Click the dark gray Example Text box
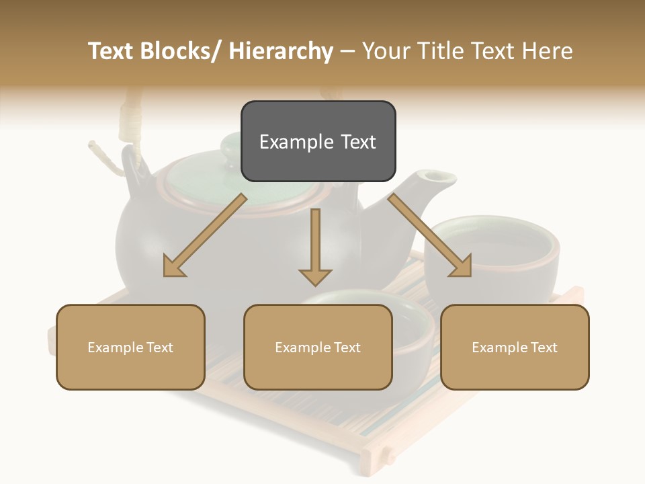click(318, 141)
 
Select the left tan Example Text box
click(130, 348)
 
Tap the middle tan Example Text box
click(318, 348)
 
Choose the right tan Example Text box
click(515, 348)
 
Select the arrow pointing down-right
click(430, 236)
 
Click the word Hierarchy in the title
click(281, 52)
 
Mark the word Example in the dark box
click(293, 142)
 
